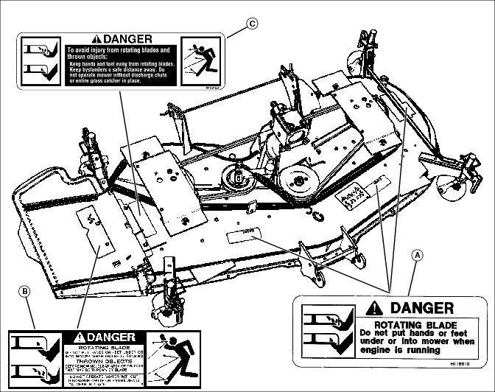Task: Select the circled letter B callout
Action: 26,292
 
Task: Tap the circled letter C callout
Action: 251,23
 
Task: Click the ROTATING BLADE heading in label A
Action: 416,324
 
